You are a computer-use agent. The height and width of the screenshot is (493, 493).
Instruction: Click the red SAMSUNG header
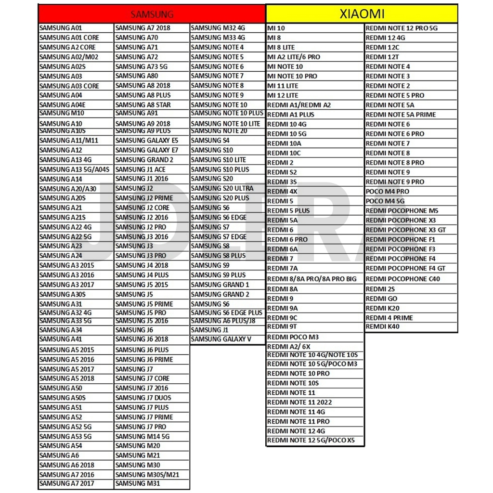point(152,14)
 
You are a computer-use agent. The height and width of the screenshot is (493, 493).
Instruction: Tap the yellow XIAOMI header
point(362,14)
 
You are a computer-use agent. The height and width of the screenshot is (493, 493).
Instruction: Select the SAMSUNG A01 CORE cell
point(69,38)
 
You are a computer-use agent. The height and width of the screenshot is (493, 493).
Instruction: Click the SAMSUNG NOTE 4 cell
point(217,47)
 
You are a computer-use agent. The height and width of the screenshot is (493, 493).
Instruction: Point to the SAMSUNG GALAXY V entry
point(221,339)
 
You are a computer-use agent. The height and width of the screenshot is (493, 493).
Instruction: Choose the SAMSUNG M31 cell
point(138,483)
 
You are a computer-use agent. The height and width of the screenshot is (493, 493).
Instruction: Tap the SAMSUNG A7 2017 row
point(67,483)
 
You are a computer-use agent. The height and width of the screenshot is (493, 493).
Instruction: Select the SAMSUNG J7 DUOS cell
point(143,398)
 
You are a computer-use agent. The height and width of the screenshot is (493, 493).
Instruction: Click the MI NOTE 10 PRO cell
point(292,76)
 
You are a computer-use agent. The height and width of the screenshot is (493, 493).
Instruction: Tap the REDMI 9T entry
point(282,326)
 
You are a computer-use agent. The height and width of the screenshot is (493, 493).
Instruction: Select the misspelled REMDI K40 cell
point(383,326)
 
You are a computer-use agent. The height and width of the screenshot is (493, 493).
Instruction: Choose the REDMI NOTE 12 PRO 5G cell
point(402,28)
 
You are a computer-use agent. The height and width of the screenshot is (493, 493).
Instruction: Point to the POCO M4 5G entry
point(385,201)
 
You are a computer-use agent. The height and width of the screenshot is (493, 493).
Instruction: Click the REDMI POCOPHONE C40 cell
point(403,279)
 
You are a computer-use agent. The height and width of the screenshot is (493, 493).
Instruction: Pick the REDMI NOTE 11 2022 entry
point(299,402)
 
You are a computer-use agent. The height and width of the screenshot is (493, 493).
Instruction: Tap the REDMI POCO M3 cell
point(293,337)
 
